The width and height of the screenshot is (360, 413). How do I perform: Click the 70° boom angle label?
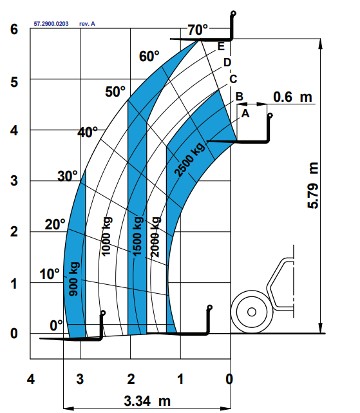click(198, 30)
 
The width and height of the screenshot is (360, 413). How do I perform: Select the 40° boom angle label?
click(88, 132)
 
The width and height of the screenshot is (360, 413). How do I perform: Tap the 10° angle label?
click(50, 274)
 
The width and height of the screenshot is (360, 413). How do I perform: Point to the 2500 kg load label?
click(189, 159)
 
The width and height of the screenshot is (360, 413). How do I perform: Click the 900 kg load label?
click(74, 279)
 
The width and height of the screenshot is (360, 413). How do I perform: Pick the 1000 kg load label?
click(107, 236)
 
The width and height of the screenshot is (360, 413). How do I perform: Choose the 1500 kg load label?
click(138, 236)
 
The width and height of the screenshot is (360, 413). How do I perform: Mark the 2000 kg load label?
click(155, 237)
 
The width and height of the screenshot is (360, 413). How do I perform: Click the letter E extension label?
click(221, 46)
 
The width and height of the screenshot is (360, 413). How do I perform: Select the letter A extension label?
click(245, 113)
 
